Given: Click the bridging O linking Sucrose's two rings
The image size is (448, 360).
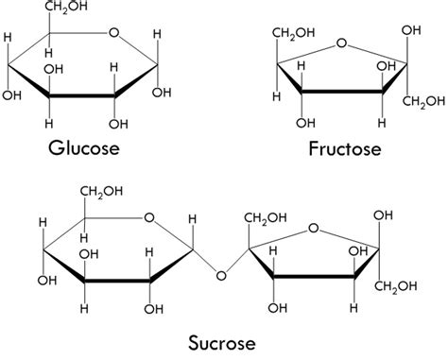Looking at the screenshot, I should (221, 275).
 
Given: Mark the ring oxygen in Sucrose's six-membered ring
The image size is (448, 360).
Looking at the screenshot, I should (149, 218).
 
